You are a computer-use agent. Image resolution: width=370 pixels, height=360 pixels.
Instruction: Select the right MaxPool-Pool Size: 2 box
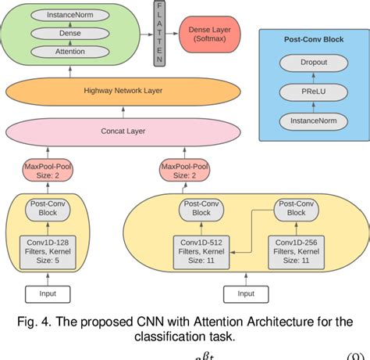pos(183,170)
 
